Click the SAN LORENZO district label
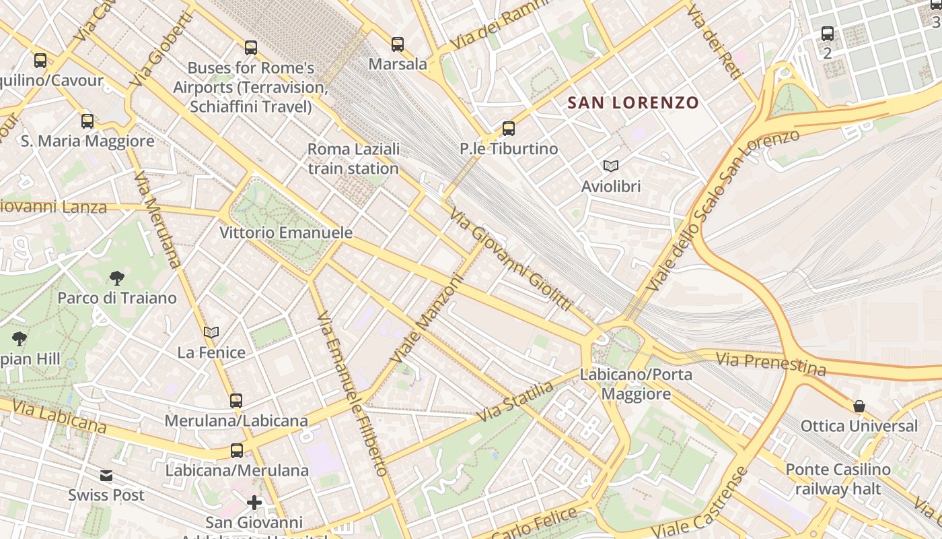pos(633,103)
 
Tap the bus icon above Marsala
pos(398,44)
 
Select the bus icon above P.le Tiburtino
pos(509,129)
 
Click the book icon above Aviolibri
pos(610,166)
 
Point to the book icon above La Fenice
pos(211,332)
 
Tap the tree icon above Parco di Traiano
pos(117,278)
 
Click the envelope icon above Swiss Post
pos(106,476)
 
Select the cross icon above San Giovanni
pos(254,503)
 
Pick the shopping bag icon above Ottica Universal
pos(859,406)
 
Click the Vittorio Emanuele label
pos(286,233)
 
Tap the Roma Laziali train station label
pos(353,158)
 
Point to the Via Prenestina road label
pos(770,364)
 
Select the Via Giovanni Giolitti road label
pos(511,260)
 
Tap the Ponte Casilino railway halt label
pos(838,479)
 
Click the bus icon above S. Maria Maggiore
pos(87,121)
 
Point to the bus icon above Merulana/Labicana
pos(236,401)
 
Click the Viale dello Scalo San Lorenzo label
pos(722,210)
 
